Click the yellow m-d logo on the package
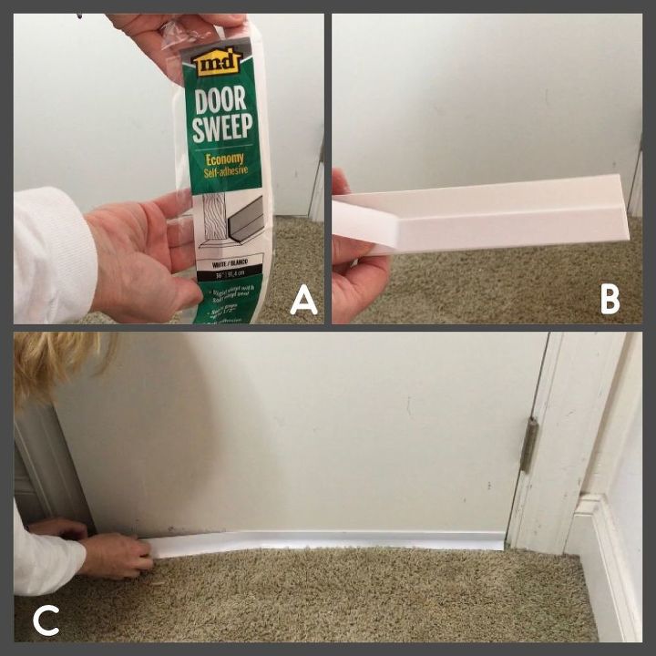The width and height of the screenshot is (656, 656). click(x=220, y=61)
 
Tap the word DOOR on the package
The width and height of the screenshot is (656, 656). click(x=222, y=97)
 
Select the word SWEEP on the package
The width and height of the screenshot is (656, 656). click(x=223, y=127)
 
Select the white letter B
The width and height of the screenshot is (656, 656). click(x=610, y=299)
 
